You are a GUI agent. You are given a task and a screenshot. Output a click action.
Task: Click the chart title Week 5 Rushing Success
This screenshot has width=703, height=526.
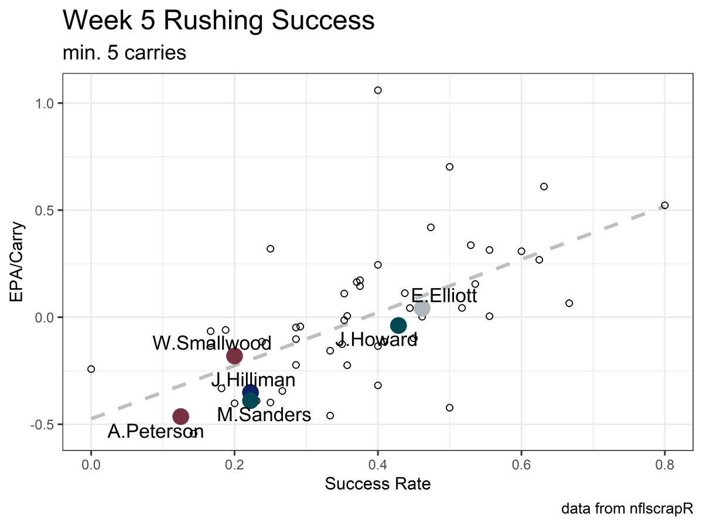[x=218, y=21]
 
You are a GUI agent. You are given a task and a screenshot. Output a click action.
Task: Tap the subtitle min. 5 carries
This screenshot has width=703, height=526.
[x=124, y=53]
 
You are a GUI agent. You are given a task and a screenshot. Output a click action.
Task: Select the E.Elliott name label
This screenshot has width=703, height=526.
[x=444, y=296]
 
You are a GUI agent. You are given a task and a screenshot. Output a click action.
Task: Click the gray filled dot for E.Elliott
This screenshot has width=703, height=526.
[x=422, y=308]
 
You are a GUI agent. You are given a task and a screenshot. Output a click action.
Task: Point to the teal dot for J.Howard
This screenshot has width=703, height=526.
[x=398, y=326]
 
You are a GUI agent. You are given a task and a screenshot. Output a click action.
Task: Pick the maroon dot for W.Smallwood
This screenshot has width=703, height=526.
[x=234, y=356]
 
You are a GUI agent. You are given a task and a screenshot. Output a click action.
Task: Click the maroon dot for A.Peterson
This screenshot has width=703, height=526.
[x=180, y=416]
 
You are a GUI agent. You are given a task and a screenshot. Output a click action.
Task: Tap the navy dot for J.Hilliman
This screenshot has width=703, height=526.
[x=250, y=392]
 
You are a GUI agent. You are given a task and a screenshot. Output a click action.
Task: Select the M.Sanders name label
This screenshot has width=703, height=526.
[x=264, y=415]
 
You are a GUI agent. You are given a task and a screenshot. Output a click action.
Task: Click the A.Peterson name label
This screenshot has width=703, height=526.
[x=156, y=432]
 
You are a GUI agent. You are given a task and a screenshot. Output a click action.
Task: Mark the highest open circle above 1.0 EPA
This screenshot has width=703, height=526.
[x=378, y=90]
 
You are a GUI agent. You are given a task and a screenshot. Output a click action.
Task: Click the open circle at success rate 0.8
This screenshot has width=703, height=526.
[x=664, y=205]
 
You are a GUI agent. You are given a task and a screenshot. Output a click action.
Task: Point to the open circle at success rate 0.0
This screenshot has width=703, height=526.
[x=91, y=369]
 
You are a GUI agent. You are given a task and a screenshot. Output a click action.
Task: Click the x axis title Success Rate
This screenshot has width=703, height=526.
[x=378, y=484]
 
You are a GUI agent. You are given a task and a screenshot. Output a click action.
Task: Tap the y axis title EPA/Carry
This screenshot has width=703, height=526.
[x=18, y=261]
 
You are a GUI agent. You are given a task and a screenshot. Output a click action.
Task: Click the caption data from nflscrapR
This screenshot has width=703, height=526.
[x=627, y=509]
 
